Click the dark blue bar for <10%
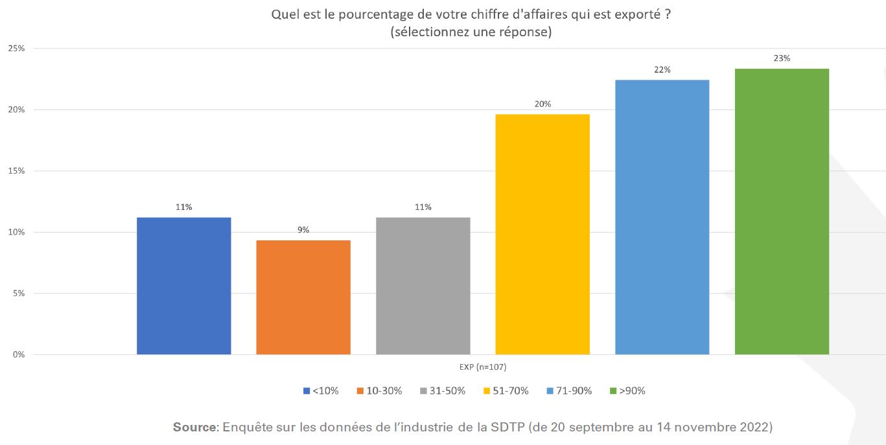[183, 286]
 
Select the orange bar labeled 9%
[303, 297]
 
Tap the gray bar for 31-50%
[423, 286]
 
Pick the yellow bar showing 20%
[542, 234]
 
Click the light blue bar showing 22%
[662, 217]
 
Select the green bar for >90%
[782, 211]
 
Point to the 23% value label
[782, 58]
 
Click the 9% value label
[303, 230]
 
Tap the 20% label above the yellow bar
[542, 104]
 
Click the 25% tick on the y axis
[16, 49]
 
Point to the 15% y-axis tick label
[16, 171]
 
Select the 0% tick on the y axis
[18, 355]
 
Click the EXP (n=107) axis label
[483, 367]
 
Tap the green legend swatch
[613, 391]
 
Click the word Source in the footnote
[196, 428]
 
